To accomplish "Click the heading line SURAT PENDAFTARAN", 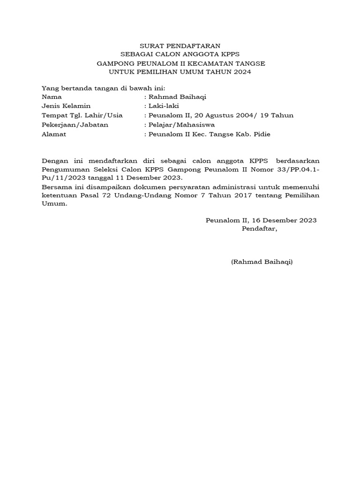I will [x=180, y=46].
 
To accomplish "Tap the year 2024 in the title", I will [x=242, y=72].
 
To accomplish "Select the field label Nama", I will [x=52, y=97].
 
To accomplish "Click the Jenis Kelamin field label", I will [x=66, y=106].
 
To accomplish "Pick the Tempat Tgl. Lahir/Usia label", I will [x=82, y=116].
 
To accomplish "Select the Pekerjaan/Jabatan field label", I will [x=75, y=125].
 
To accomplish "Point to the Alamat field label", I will [x=54, y=135].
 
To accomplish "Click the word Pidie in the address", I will [x=261, y=135].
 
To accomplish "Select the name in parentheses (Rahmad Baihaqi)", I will [x=262, y=262].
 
